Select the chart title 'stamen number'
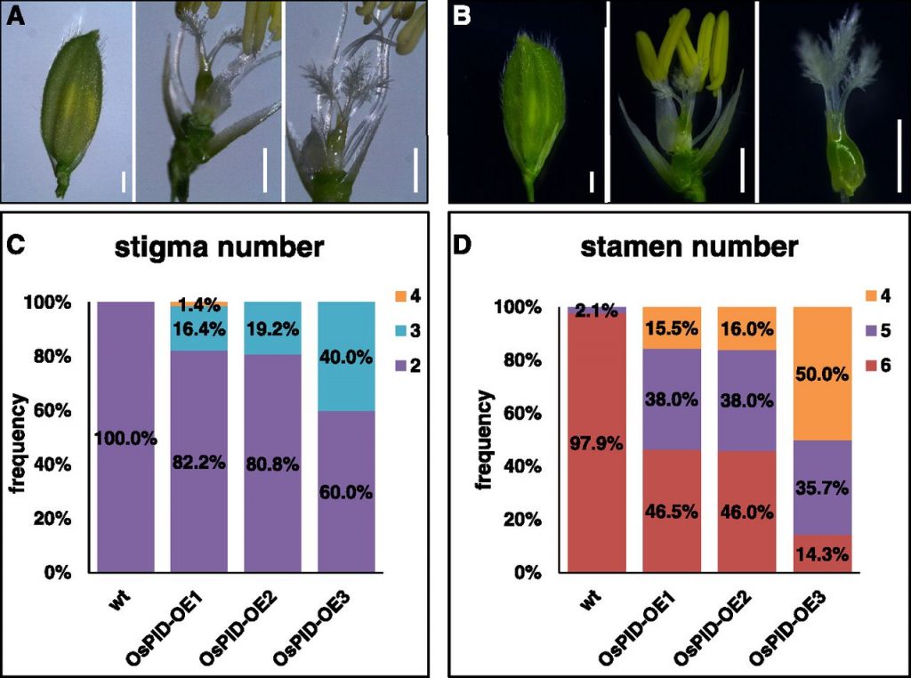coord(689,247)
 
